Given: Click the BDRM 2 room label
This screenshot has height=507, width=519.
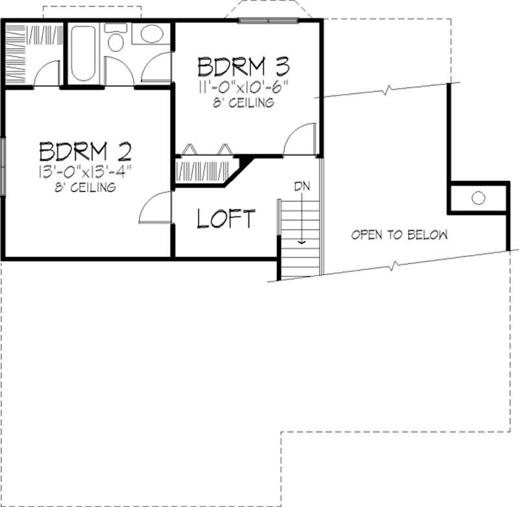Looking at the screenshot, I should coord(86,151).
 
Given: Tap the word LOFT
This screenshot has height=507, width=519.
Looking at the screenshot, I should coord(226,219).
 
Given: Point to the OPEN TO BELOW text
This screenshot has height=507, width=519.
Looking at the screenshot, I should coord(399,234).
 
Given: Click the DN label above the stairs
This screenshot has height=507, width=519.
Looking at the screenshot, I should coord(302,188).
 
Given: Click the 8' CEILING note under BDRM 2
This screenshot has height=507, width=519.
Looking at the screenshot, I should coord(86,188).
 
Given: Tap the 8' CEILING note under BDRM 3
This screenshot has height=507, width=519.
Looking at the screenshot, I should coord(243,103).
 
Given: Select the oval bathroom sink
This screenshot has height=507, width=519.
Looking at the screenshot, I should coord(152,34).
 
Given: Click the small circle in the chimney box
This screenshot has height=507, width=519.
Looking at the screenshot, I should coord(478,197).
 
